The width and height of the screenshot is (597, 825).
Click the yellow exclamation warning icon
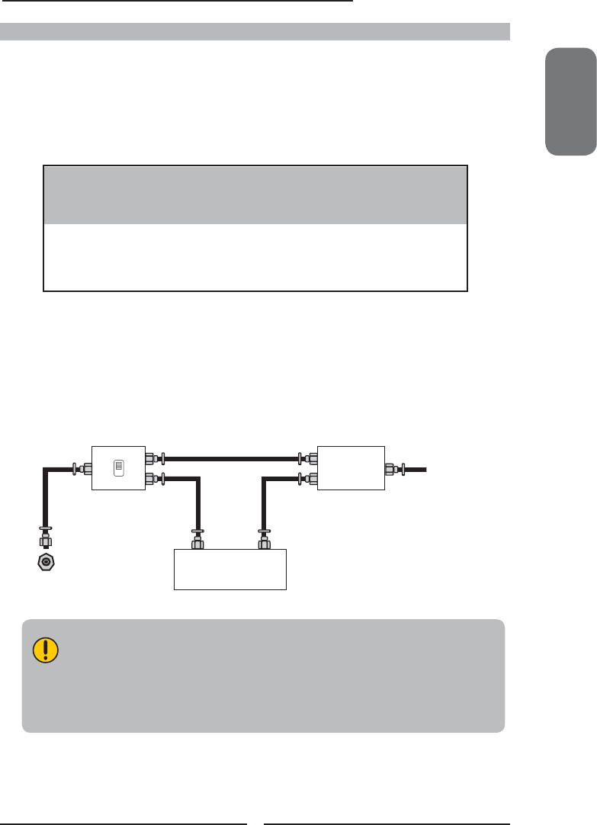(x=45, y=650)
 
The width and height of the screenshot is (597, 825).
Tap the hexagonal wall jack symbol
(x=47, y=563)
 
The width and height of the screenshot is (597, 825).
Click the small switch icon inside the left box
(x=118, y=467)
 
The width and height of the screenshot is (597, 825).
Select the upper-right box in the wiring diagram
(x=351, y=467)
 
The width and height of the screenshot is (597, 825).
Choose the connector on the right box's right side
(x=393, y=467)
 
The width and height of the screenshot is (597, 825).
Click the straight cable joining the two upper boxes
(x=229, y=459)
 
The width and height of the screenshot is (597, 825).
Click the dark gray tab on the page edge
(x=570, y=101)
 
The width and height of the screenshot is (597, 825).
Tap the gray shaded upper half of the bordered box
(x=255, y=194)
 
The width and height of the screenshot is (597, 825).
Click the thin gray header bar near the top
(x=255, y=31)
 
